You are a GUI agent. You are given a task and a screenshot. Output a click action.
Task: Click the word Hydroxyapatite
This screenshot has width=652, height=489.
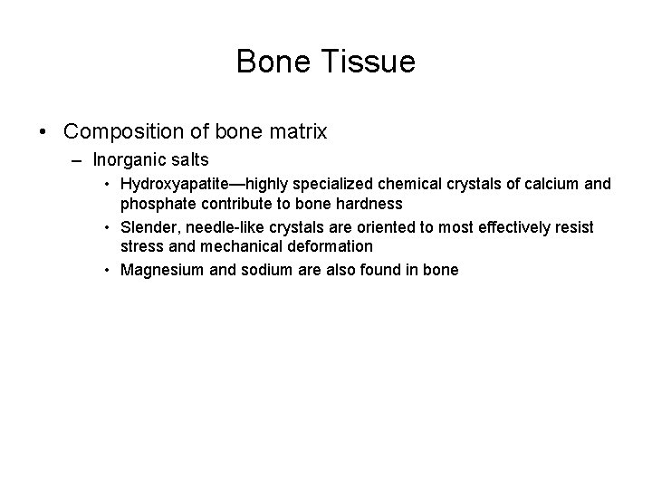click(169, 184)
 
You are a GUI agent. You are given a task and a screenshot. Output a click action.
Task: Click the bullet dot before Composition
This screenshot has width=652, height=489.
click(43, 132)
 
